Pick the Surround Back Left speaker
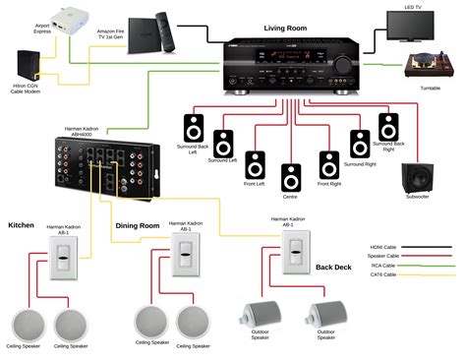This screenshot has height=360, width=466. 194,128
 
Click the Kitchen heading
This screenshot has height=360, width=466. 22,225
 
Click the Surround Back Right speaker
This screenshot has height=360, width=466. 389,128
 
